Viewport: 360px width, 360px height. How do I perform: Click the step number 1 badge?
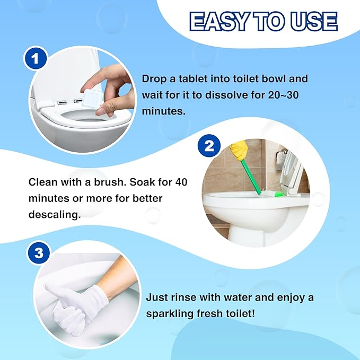(36, 58)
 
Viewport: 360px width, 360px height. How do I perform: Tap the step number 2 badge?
(209, 146)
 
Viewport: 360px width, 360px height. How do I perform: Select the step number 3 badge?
(38, 253)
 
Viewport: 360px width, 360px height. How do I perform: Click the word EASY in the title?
(219, 21)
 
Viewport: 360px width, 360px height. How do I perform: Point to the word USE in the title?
(315, 21)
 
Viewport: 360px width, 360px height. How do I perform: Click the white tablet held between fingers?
(92, 99)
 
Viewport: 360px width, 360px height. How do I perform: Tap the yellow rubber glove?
(239, 150)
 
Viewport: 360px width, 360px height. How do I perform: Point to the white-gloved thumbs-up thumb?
(53, 293)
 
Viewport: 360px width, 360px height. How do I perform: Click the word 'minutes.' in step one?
(164, 111)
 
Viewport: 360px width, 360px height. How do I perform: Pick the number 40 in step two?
(181, 182)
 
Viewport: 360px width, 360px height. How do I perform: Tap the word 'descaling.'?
(55, 215)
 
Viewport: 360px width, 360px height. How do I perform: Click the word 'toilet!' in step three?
(241, 313)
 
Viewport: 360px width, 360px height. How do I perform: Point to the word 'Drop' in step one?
(154, 79)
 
